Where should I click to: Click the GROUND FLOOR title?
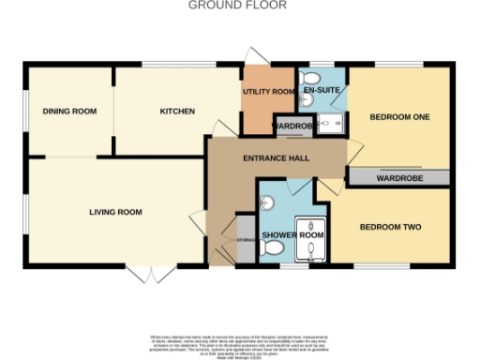(x=238, y=6)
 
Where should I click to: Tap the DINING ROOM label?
(x=69, y=112)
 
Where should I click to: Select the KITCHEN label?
(x=177, y=112)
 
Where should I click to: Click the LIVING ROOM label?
(x=115, y=212)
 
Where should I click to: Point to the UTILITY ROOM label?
(x=269, y=92)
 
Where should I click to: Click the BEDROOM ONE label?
(x=398, y=117)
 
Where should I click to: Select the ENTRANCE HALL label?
(x=277, y=158)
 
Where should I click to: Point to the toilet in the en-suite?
(x=313, y=77)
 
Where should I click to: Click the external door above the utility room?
(x=258, y=56)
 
